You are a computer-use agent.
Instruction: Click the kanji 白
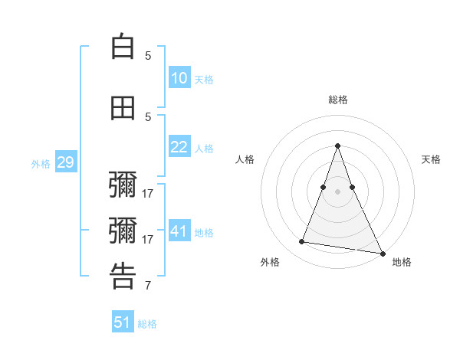click(x=123, y=47)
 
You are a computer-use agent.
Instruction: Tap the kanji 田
click(x=123, y=108)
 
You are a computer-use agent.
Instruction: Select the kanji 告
click(x=123, y=277)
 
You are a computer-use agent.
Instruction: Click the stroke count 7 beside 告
click(x=148, y=286)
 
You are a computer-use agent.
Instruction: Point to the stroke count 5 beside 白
click(x=148, y=55)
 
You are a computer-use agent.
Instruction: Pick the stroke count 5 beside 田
click(x=148, y=116)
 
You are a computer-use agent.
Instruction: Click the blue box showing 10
click(x=179, y=78)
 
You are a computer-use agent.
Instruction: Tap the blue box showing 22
click(x=179, y=147)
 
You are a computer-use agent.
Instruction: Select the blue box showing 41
click(x=179, y=231)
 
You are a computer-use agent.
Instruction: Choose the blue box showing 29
click(x=65, y=162)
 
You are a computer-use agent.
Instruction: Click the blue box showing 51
click(x=123, y=322)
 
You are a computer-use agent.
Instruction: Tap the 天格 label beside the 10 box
click(x=204, y=80)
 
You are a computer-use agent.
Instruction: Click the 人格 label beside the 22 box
click(x=204, y=149)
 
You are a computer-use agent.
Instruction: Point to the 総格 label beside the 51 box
click(x=147, y=324)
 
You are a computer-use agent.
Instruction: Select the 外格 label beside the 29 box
click(x=41, y=164)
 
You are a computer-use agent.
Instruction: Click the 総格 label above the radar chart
click(x=337, y=100)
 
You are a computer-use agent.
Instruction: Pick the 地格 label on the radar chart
click(x=402, y=262)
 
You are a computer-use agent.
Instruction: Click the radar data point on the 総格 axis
click(x=337, y=146)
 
